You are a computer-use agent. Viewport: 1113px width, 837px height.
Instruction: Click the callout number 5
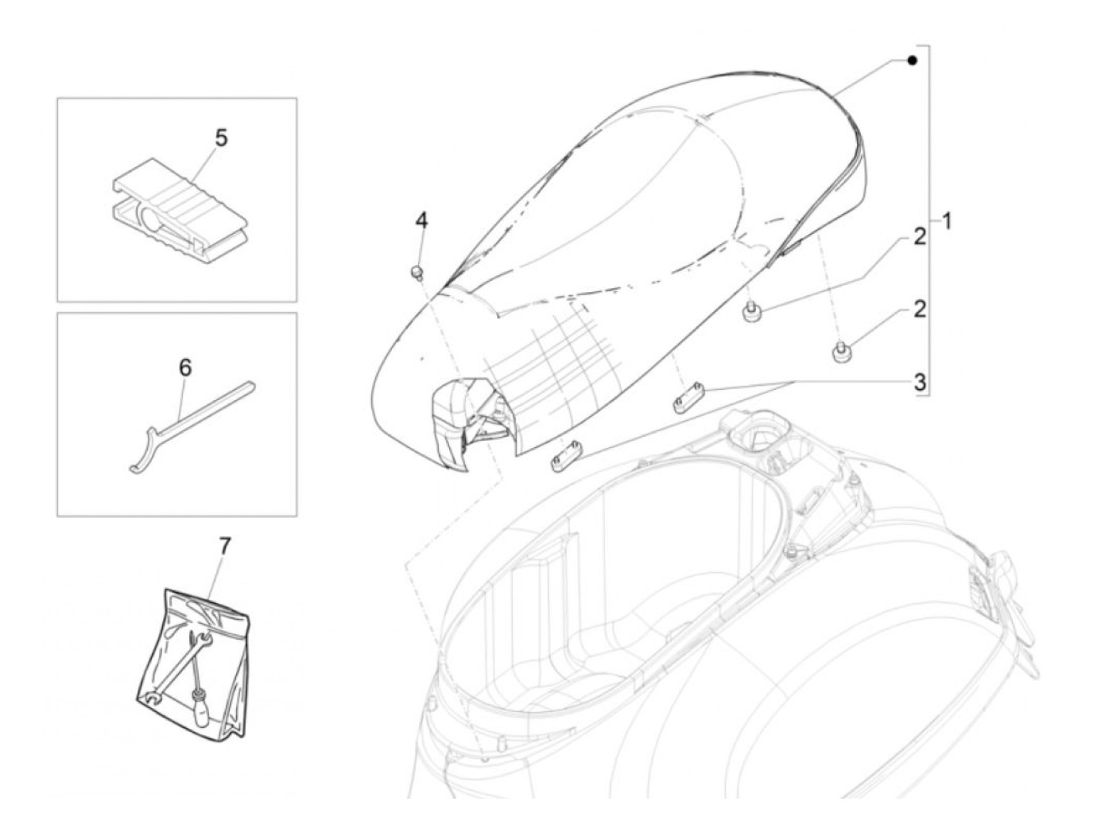pyautogui.click(x=221, y=138)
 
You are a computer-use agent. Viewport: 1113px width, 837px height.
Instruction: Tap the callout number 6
pyautogui.click(x=185, y=367)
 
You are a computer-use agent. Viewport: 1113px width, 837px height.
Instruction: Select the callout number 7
pyautogui.click(x=224, y=547)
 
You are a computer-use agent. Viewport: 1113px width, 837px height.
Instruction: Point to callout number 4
pyautogui.click(x=421, y=220)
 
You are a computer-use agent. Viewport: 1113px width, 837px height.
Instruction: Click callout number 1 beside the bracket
pyautogui.click(x=945, y=220)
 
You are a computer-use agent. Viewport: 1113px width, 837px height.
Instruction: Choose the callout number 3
pyautogui.click(x=919, y=383)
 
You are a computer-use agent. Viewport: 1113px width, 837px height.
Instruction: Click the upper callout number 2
pyautogui.click(x=919, y=236)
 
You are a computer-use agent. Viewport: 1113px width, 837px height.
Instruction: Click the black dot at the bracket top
pyautogui.click(x=913, y=60)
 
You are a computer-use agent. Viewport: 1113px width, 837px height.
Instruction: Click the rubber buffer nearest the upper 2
pyautogui.click(x=749, y=313)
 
